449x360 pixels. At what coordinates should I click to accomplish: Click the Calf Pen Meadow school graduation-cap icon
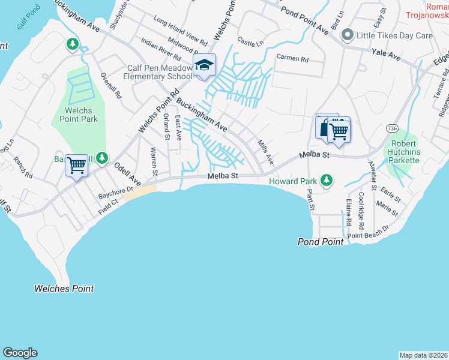click(x=204, y=65)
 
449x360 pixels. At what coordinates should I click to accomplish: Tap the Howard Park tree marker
click(x=327, y=180)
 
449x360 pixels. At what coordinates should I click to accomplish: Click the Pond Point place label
click(x=321, y=242)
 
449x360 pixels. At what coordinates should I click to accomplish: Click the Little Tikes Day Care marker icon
click(x=347, y=35)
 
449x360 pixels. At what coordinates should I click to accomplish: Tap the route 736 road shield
click(x=393, y=128)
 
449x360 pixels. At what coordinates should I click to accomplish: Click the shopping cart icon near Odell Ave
click(x=76, y=165)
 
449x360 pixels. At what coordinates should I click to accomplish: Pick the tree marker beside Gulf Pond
click(x=73, y=44)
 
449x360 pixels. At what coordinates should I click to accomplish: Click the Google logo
click(x=20, y=353)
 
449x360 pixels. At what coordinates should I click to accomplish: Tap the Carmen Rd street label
click(x=292, y=59)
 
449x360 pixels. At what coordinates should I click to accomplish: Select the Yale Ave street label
click(x=386, y=55)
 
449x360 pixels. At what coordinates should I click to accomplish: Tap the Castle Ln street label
click(x=250, y=41)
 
